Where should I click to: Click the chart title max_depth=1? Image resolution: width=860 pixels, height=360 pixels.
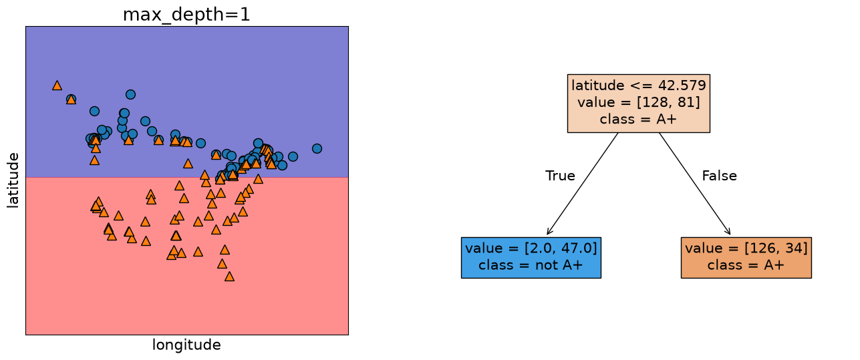coord(186,15)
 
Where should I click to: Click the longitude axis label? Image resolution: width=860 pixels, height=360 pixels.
coord(186,345)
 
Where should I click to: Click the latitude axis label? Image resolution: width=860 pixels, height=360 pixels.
coord(13,180)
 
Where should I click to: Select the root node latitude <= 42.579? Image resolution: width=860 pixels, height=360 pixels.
coord(638,104)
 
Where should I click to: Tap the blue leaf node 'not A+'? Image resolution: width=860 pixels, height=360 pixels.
coord(531,258)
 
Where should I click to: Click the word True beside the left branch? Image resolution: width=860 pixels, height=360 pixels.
coord(560,176)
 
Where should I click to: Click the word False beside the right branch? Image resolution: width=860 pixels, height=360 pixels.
coord(719,176)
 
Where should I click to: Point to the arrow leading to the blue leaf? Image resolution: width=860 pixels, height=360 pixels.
coord(583,184)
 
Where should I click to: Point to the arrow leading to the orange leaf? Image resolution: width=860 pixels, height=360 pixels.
coord(694,184)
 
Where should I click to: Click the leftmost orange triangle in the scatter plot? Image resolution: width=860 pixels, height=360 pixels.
coord(57,85)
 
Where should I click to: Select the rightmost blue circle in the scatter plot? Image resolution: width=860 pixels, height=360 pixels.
coord(317,148)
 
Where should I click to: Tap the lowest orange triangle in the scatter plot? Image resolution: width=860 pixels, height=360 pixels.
coord(229,277)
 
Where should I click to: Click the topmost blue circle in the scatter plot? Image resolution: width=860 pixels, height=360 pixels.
coord(130,94)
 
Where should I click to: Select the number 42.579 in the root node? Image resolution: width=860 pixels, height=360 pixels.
coord(682,85)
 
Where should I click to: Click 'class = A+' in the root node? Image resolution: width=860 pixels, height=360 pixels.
coord(638,119)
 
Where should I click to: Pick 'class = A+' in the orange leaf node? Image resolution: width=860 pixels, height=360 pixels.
coord(746,264)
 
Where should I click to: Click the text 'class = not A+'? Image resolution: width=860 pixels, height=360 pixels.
coord(531,264)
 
